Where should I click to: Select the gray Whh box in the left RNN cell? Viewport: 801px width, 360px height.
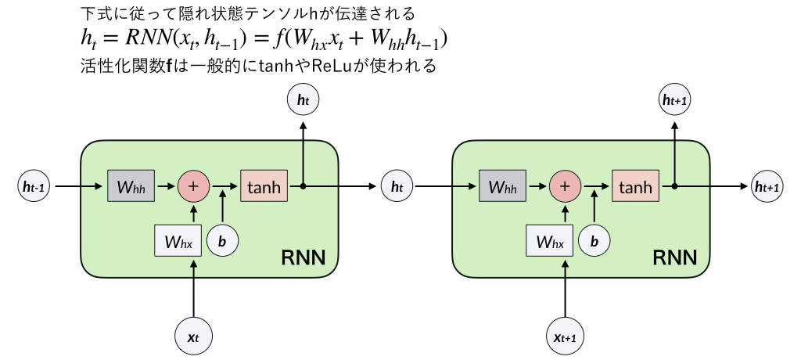130,187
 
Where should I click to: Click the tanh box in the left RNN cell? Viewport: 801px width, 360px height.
264,187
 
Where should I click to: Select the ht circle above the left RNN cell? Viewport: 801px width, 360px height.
303,99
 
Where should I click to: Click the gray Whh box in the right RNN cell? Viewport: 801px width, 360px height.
502,187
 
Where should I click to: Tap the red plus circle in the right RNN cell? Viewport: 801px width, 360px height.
565,187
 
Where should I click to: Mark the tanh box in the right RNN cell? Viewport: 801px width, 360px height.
636,187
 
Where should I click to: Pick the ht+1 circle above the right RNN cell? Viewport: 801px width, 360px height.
675,99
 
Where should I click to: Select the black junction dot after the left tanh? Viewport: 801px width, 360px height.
303,187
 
